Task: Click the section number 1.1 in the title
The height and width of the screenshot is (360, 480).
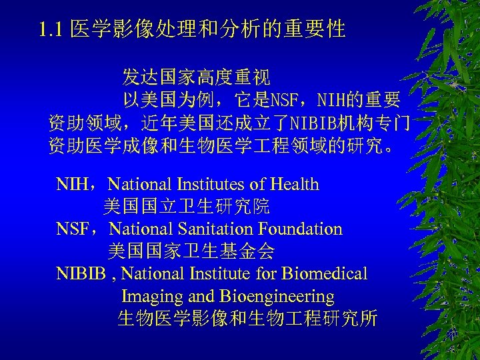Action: (51, 29)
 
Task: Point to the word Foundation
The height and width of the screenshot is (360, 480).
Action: (299, 229)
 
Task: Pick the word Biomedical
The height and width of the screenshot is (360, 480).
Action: (325, 273)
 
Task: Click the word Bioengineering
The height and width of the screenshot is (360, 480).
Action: (277, 296)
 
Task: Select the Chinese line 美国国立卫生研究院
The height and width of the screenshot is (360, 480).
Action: (187, 207)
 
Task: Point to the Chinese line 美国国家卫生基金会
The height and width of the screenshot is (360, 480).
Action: (191, 251)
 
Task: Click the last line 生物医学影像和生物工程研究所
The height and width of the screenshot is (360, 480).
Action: (247, 319)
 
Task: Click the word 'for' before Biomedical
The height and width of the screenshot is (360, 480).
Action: (266, 273)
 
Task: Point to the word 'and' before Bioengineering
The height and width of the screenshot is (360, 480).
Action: (202, 296)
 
